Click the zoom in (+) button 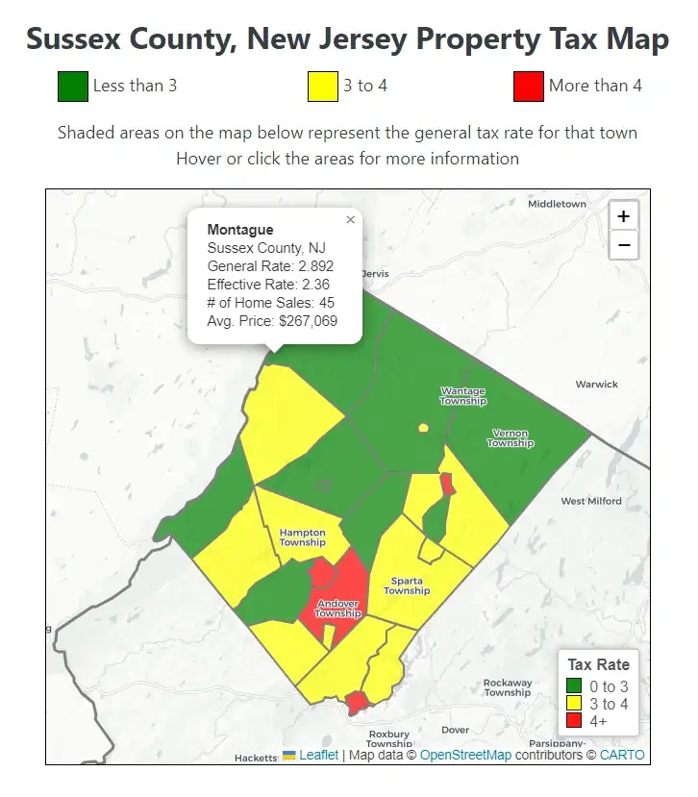(623, 216)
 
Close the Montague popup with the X (350, 220)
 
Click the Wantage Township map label (462, 396)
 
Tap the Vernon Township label (510, 438)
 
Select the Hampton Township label (302, 537)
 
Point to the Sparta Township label (407, 585)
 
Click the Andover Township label (337, 609)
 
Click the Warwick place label (596, 385)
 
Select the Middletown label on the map (557, 204)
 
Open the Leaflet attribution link (317, 756)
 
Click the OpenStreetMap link (465, 756)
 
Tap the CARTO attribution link (622, 756)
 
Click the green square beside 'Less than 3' (73, 87)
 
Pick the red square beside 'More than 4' (529, 87)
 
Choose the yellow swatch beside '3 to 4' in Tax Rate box (575, 704)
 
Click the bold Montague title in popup (240, 230)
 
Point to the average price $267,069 (308, 322)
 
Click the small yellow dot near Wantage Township (423, 428)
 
